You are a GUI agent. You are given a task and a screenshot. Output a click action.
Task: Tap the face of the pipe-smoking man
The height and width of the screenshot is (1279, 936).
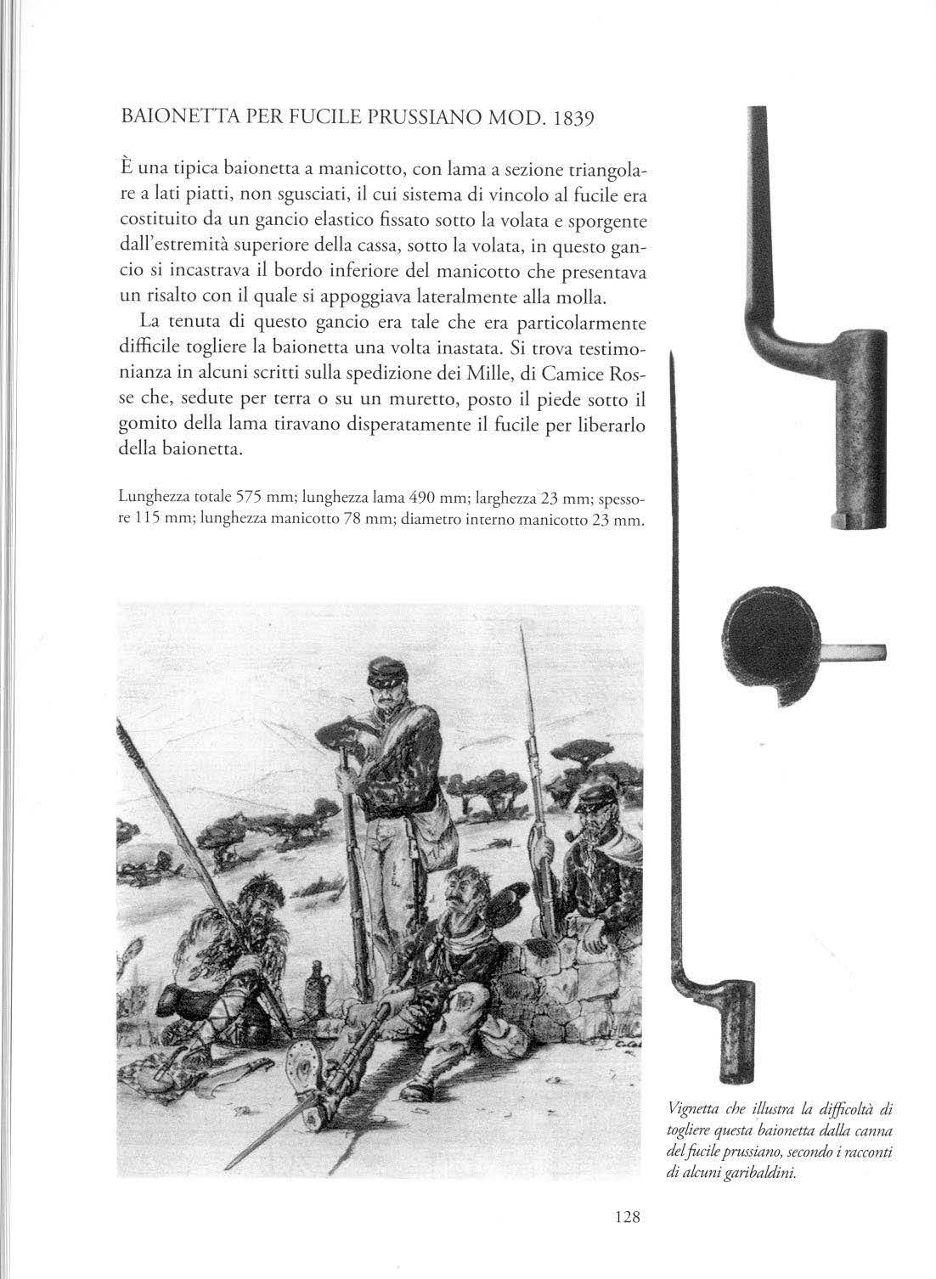click(591, 822)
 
